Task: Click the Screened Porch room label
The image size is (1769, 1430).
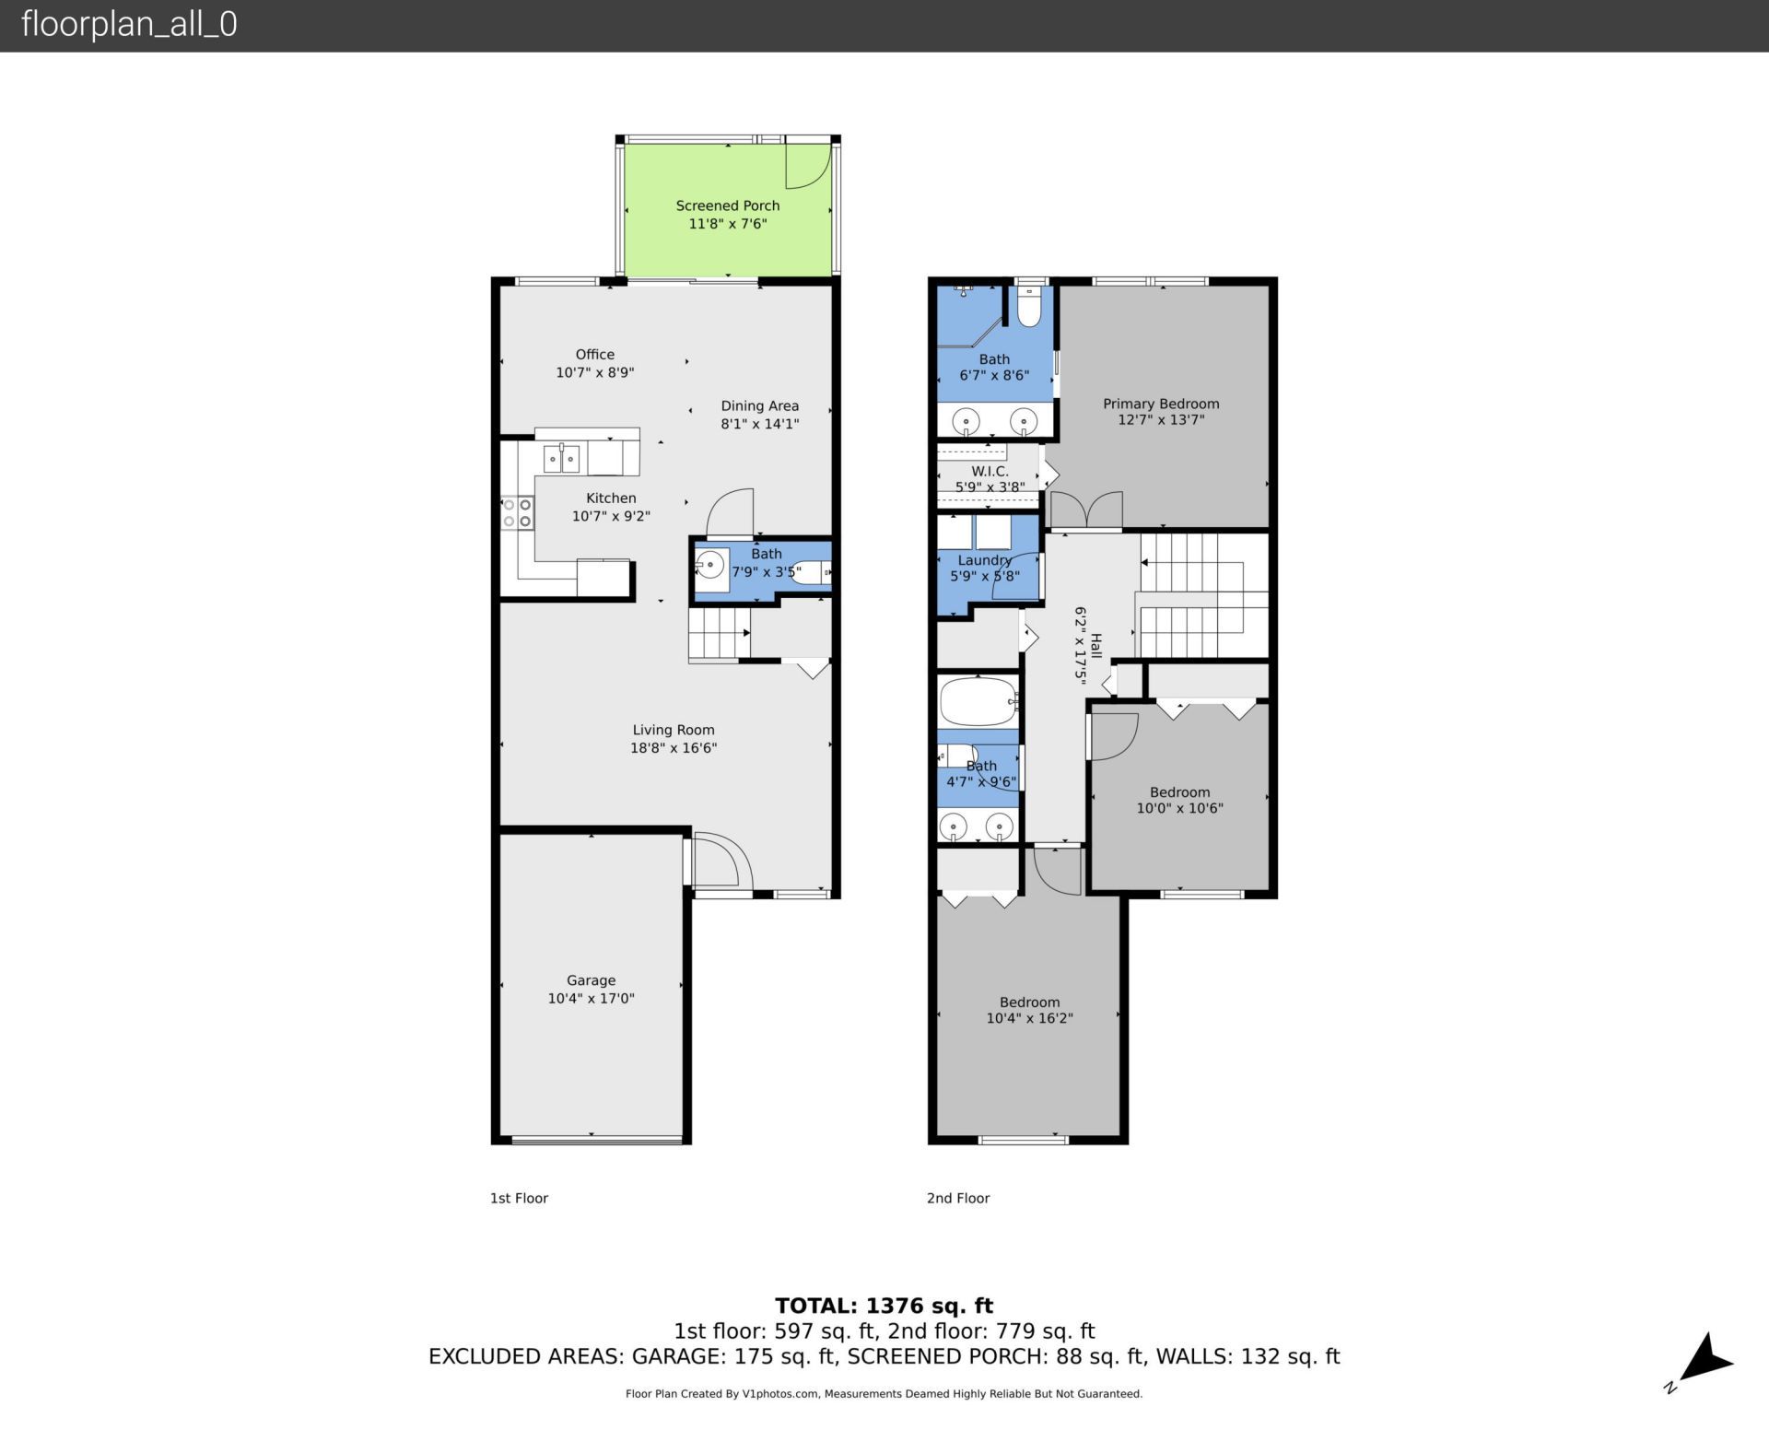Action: pos(727,205)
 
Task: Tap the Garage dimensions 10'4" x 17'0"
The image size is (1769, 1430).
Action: pos(591,998)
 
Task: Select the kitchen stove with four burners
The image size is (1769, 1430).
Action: pos(517,513)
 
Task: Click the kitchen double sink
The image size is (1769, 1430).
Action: pos(560,458)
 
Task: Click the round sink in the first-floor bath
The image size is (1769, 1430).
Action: pos(709,563)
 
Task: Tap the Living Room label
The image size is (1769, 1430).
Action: pos(673,730)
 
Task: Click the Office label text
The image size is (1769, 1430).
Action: pos(594,354)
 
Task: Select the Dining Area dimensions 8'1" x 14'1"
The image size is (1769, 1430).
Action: pos(759,424)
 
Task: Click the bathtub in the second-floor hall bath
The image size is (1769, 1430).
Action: pos(978,702)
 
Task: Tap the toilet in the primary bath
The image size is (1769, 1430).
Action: pos(1029,308)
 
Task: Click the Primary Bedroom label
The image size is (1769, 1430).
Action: pos(1160,404)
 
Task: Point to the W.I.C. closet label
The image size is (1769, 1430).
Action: pos(990,471)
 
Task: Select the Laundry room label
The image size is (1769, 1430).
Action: pos(984,560)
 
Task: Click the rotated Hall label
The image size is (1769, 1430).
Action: pos(1095,645)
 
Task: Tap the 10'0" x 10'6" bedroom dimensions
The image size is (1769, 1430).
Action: pos(1179,808)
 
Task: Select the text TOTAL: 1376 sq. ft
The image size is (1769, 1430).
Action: pos(884,1306)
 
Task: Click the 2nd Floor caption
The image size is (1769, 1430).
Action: pos(957,1198)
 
